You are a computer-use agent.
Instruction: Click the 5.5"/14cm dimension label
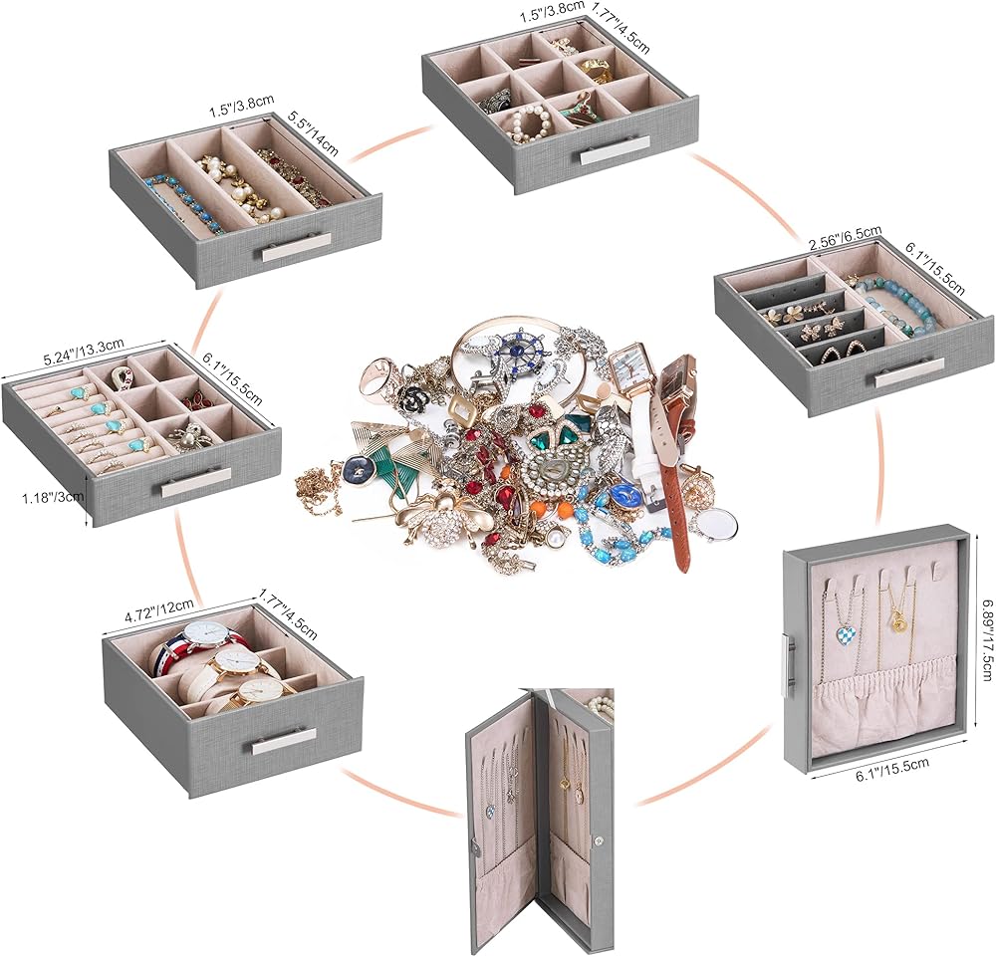[x=313, y=134]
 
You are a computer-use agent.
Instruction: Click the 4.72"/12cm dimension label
[x=159, y=611]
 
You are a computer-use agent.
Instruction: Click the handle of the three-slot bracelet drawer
[x=297, y=246]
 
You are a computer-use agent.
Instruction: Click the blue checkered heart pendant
[x=845, y=633]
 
